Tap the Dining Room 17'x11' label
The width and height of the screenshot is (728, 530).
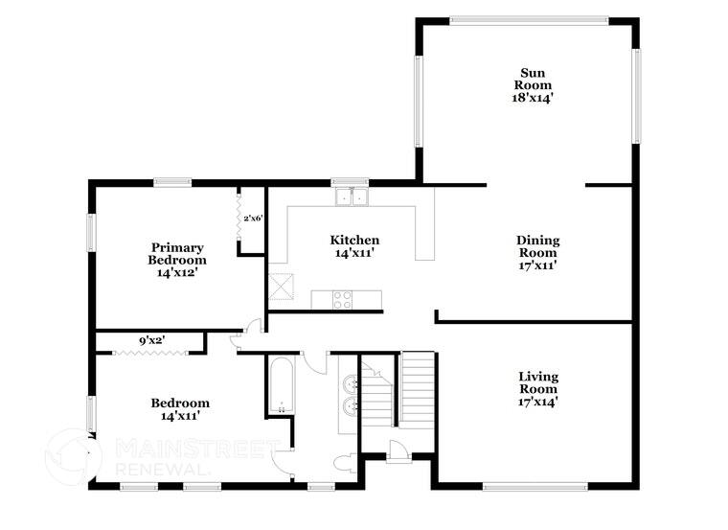[x=537, y=253]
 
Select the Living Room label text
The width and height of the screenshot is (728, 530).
[x=537, y=389]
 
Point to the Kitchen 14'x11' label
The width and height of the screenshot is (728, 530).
[x=354, y=246]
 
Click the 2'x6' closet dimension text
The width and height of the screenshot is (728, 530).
[x=253, y=219]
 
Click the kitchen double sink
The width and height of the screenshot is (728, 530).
[x=353, y=196]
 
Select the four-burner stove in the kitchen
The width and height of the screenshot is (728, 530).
[x=343, y=300]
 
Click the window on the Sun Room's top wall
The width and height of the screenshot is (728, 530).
[x=529, y=19]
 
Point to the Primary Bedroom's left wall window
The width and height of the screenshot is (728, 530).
[x=92, y=231]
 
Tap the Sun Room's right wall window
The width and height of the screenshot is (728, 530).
[x=635, y=95]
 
